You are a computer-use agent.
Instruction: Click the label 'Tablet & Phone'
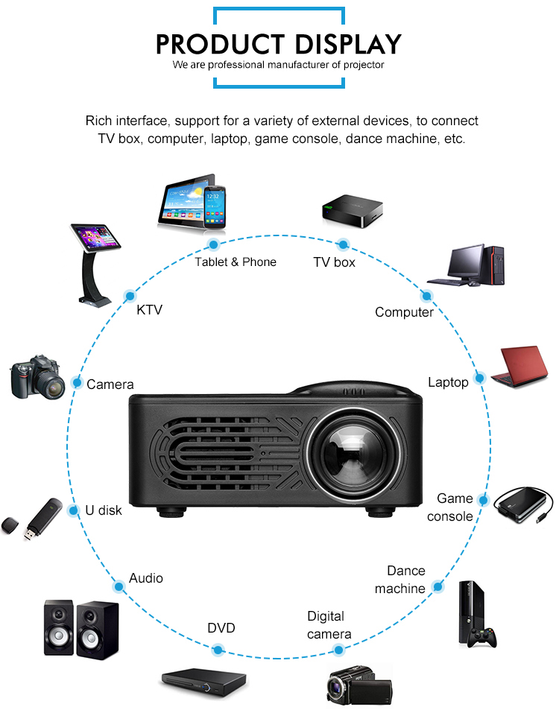coord(236,262)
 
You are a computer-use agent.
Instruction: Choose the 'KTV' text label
coord(149,310)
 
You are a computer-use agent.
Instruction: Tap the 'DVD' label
coord(221,628)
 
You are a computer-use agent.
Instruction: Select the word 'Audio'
coord(146,578)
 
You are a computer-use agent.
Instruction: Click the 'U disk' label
coord(104,511)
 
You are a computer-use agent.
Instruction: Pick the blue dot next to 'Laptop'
coord(480,379)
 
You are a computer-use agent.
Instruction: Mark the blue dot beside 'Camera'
coord(76,383)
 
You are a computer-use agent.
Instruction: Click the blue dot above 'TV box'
coord(343,244)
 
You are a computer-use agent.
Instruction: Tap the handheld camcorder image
coord(359,684)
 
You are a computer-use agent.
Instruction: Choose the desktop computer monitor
coord(466,263)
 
